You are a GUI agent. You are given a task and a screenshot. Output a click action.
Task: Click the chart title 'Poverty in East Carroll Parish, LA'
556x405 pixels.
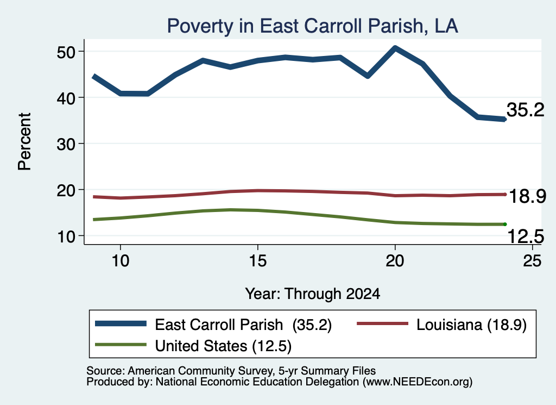click(x=312, y=26)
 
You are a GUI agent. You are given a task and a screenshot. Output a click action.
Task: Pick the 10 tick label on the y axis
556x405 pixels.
click(x=67, y=236)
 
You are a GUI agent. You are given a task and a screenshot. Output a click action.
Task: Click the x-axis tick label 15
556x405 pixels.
click(x=258, y=261)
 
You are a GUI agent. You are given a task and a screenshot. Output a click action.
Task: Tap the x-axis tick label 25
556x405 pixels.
click(x=532, y=261)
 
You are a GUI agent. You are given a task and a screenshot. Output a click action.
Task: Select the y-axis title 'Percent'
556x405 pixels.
click(x=25, y=142)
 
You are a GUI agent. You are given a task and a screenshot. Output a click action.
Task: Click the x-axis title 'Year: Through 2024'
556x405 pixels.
click(x=312, y=294)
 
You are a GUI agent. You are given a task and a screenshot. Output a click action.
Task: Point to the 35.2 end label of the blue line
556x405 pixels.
click(x=525, y=110)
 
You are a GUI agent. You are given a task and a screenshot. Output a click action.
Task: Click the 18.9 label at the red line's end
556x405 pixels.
click(x=527, y=196)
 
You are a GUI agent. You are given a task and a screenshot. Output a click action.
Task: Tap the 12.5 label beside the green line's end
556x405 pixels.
click(x=526, y=236)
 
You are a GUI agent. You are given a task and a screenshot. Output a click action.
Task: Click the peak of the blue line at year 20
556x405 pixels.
click(x=395, y=47)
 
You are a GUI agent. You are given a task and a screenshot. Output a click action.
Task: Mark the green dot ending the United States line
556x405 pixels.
click(x=505, y=225)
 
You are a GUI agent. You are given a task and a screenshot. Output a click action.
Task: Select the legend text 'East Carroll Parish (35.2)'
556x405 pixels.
click(x=243, y=325)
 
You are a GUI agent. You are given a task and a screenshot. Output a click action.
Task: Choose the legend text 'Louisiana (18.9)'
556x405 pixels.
click(x=471, y=325)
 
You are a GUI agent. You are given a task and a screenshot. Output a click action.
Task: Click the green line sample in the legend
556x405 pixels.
click(x=121, y=345)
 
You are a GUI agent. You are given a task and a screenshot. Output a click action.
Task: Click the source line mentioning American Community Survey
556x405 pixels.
click(x=231, y=371)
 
